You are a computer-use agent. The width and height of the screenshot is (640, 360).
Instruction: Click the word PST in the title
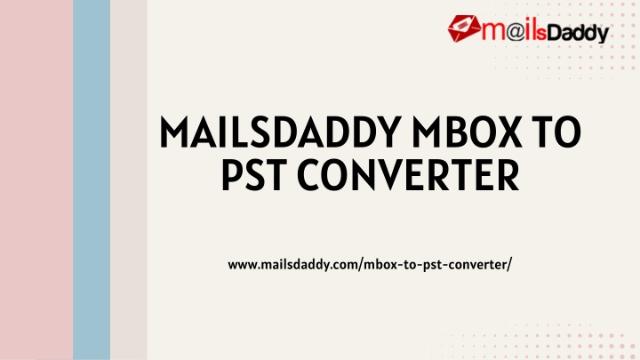click(x=254, y=175)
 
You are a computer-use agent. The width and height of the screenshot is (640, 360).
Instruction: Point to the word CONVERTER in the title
click(x=408, y=175)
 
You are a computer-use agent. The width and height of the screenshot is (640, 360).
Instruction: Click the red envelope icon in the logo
click(x=464, y=28)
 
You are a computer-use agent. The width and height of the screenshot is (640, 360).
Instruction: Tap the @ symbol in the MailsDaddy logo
click(x=516, y=31)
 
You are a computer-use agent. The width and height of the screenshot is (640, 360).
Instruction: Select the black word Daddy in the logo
click(x=578, y=33)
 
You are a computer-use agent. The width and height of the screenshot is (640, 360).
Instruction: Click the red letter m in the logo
click(x=494, y=31)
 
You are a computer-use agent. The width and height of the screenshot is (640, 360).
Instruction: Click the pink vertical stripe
click(x=36, y=180)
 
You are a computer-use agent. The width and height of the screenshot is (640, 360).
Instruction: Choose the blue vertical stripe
click(x=92, y=180)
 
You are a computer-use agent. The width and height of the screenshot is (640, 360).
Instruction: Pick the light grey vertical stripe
click(x=129, y=180)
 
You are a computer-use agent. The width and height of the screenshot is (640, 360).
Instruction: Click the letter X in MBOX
click(x=508, y=132)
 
